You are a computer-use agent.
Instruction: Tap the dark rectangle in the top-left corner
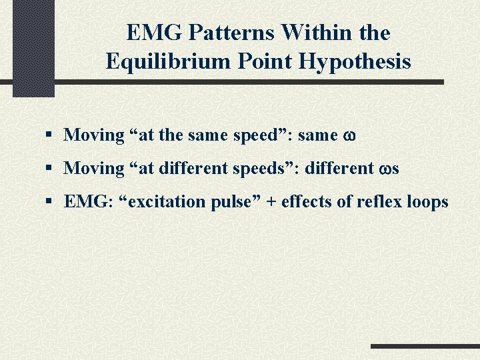coord(33,47)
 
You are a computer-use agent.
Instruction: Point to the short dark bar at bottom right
coord(425,347)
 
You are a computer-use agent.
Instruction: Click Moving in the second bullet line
coord(94,168)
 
